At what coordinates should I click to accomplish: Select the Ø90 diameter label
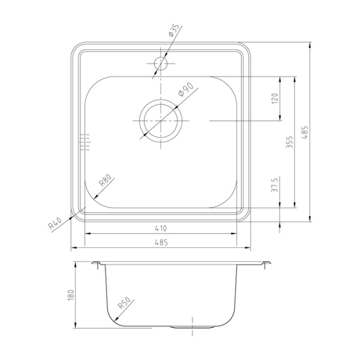tap(185, 91)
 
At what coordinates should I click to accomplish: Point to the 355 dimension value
tap(290, 142)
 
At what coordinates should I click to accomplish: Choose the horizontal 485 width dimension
tap(159, 242)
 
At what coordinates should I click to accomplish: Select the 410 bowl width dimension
tap(160, 229)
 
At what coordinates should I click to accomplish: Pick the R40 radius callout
tap(56, 224)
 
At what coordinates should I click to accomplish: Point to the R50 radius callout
tap(124, 307)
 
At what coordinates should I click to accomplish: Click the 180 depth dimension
tap(70, 295)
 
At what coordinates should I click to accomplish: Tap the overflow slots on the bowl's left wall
tap(84, 142)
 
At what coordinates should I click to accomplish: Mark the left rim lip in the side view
tap(97, 264)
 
